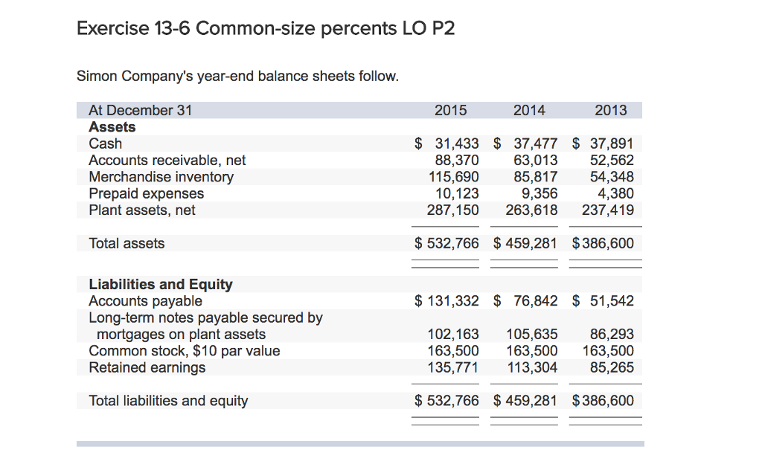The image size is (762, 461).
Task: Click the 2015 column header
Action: (450, 111)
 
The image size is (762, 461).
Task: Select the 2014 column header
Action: (529, 111)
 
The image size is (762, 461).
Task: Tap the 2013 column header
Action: (611, 111)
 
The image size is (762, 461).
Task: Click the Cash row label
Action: (106, 144)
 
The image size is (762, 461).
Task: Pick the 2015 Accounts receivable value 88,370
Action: (456, 160)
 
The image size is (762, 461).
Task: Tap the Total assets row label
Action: (127, 243)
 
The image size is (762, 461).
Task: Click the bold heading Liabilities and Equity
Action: (161, 284)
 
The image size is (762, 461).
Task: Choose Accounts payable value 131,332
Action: (452, 301)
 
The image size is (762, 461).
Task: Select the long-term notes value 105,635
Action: (532, 335)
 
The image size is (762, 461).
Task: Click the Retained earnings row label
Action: (147, 367)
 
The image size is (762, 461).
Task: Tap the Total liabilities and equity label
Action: (168, 401)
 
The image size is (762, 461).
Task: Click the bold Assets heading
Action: (112, 127)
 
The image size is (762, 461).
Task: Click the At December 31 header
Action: (141, 111)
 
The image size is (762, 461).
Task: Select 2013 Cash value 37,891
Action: (612, 144)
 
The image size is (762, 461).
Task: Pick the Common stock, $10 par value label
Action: (185, 351)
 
